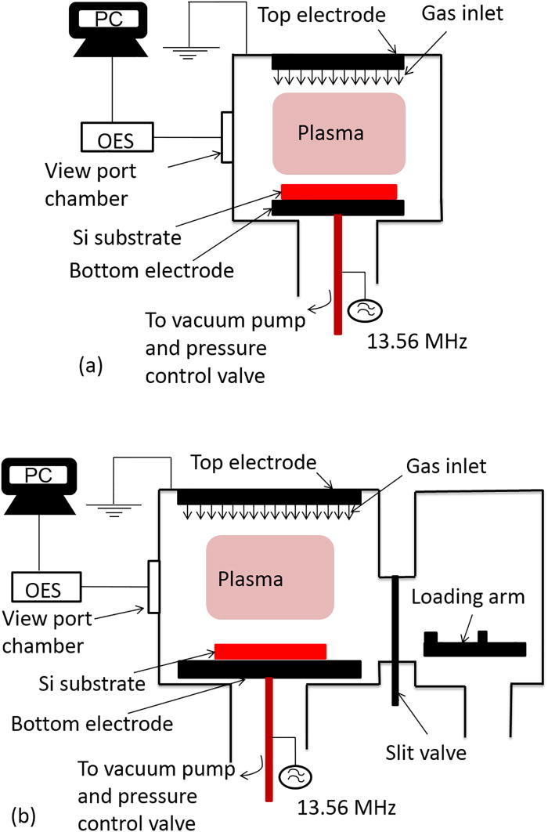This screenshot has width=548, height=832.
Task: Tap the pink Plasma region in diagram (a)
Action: point(338,133)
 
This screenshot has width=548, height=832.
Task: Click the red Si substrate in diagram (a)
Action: point(338,192)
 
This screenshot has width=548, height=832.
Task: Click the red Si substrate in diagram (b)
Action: point(270,651)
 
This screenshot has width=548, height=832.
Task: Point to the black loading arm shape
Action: point(474,646)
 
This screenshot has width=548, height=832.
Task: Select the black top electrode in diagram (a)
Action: point(338,61)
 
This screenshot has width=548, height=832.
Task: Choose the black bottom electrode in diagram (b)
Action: point(270,669)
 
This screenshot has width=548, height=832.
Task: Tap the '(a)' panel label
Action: point(91,364)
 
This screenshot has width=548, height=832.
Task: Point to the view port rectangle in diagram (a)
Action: point(226,137)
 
